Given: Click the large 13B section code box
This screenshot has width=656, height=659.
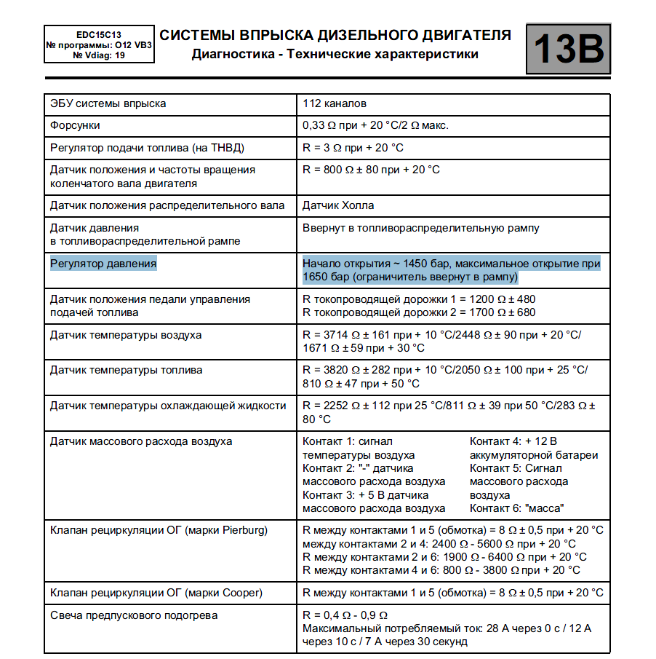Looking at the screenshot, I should pyautogui.click(x=568, y=49).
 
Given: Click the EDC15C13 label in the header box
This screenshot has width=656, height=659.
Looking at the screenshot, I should pyautogui.click(x=98, y=34).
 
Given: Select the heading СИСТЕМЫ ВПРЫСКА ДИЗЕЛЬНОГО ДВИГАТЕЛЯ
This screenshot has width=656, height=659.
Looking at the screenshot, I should pyautogui.click(x=335, y=35).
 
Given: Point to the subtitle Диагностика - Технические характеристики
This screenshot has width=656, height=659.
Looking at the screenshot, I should pyautogui.click(x=335, y=54).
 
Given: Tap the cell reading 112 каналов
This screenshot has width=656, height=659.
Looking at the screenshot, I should pyautogui.click(x=335, y=103).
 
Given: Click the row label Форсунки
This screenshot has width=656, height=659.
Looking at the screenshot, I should pyautogui.click(x=76, y=125).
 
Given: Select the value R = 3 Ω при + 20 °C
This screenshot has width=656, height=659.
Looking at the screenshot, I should pyautogui.click(x=353, y=148).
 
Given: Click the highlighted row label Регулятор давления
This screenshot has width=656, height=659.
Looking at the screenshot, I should pyautogui.click(x=103, y=264).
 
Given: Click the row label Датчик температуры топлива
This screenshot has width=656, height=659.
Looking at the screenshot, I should pyautogui.click(x=126, y=370).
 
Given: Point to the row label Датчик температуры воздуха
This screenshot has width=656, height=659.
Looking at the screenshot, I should pyautogui.click(x=126, y=335).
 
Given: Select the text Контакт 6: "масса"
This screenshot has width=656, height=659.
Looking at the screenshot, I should pyautogui.click(x=517, y=508).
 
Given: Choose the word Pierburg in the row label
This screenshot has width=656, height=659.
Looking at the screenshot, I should pyautogui.click(x=241, y=530).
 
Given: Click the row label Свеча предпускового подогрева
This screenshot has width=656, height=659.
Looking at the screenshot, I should pyautogui.click(x=134, y=615).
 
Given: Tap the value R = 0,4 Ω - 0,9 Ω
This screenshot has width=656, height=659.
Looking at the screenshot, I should pyautogui.click(x=345, y=615).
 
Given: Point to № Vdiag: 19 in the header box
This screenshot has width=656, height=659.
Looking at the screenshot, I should pyautogui.click(x=98, y=55).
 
